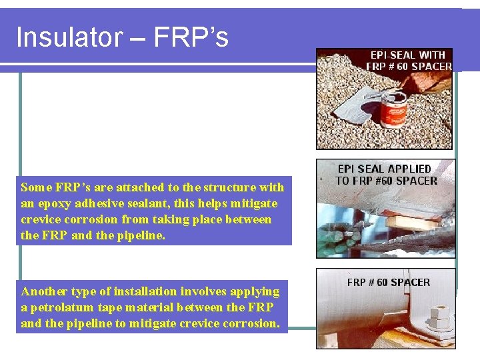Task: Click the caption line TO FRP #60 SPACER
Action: (386, 180)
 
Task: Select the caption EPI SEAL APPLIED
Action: (385, 169)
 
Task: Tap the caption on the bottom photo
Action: (388, 282)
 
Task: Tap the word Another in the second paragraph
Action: (43, 291)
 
